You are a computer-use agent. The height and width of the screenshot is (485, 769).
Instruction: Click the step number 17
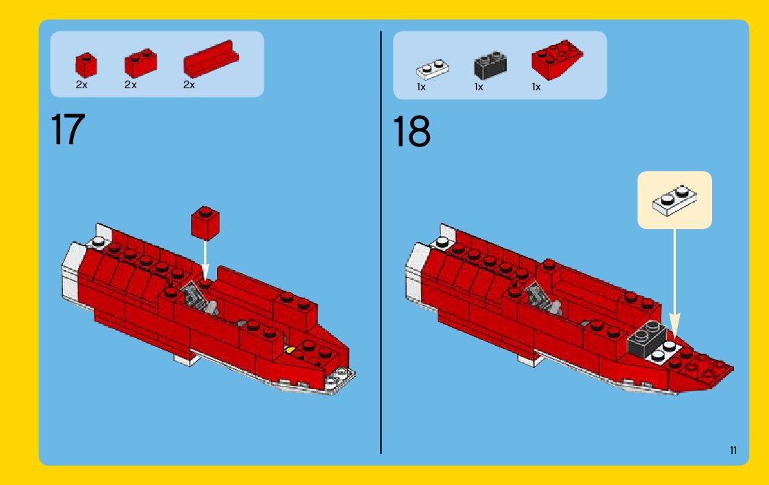pyautogui.click(x=68, y=129)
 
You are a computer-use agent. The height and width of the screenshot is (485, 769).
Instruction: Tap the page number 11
pyautogui.click(x=733, y=450)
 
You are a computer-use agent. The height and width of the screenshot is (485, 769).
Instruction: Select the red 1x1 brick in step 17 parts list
pyautogui.click(x=86, y=65)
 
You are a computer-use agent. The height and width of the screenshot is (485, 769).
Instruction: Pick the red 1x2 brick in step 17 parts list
pyautogui.click(x=140, y=64)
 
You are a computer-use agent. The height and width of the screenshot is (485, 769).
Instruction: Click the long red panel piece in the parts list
pyautogui.click(x=211, y=60)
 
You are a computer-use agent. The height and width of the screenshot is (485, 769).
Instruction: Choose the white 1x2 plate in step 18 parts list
pyautogui.click(x=433, y=70)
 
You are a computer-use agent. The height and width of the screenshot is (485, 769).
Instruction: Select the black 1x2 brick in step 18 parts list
pyautogui.click(x=490, y=66)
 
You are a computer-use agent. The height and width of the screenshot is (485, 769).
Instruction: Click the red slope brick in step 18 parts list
pyautogui.click(x=557, y=60)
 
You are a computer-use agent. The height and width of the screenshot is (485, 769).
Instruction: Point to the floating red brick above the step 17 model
pyautogui.click(x=205, y=223)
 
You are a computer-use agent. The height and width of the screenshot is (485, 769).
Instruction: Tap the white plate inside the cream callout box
pyautogui.click(x=675, y=200)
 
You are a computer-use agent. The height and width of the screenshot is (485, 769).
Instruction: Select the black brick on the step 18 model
pyautogui.click(x=647, y=337)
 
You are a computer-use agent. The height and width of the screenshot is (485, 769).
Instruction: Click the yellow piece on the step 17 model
pyautogui.click(x=290, y=350)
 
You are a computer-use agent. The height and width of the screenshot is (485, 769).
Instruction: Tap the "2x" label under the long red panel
pyautogui.click(x=189, y=85)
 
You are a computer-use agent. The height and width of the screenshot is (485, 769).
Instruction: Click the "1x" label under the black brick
pyautogui.click(x=479, y=87)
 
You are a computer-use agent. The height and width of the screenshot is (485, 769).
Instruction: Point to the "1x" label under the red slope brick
pyautogui.click(x=536, y=87)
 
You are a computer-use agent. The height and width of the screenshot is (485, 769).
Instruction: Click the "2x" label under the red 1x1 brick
pyautogui.click(x=81, y=85)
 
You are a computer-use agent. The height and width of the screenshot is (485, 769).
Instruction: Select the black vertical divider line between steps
pyautogui.click(x=381, y=242)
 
